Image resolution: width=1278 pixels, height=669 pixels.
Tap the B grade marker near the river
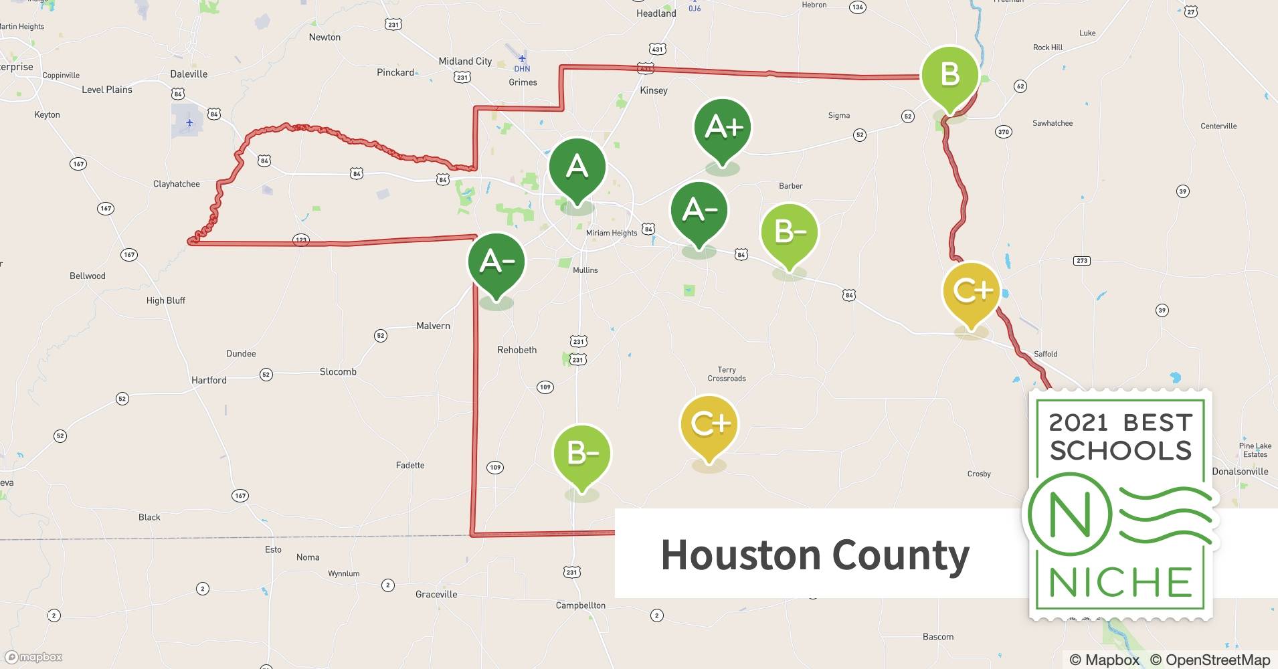[949, 74]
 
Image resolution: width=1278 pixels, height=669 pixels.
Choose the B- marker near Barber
[790, 232]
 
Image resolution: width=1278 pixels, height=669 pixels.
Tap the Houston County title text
[815, 555]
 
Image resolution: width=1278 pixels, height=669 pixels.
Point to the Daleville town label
[189, 74]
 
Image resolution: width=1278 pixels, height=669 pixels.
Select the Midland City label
[465, 62]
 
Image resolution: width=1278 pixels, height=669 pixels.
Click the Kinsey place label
[654, 90]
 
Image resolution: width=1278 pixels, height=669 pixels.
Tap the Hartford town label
[209, 380]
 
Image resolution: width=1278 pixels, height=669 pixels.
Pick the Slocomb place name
[338, 372]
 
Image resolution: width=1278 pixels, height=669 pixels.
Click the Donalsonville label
[1240, 472]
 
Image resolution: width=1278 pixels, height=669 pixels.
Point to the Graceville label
[436, 594]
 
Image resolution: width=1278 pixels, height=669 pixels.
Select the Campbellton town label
[580, 605]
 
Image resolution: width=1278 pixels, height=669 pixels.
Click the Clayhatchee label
[177, 184]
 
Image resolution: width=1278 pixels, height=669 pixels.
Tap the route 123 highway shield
[301, 240]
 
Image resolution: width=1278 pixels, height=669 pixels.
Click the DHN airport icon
[522, 59]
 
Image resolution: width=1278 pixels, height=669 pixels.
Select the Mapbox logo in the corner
[33, 657]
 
